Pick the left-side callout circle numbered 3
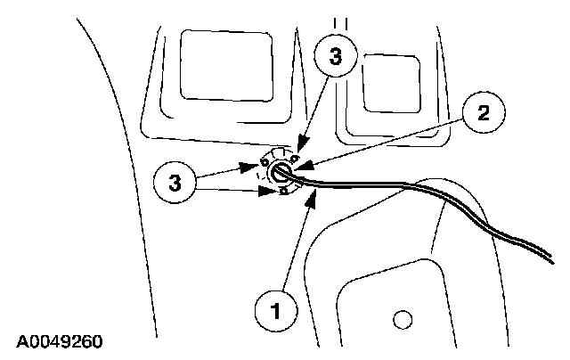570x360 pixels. [175, 184]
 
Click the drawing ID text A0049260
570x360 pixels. [60, 341]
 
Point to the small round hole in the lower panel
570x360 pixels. [403, 318]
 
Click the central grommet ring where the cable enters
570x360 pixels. [281, 172]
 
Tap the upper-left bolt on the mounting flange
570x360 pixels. [265, 163]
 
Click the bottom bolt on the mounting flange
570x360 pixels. [282, 191]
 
